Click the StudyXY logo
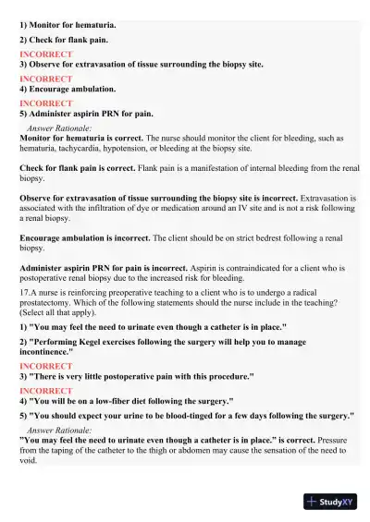(x=330, y=502)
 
